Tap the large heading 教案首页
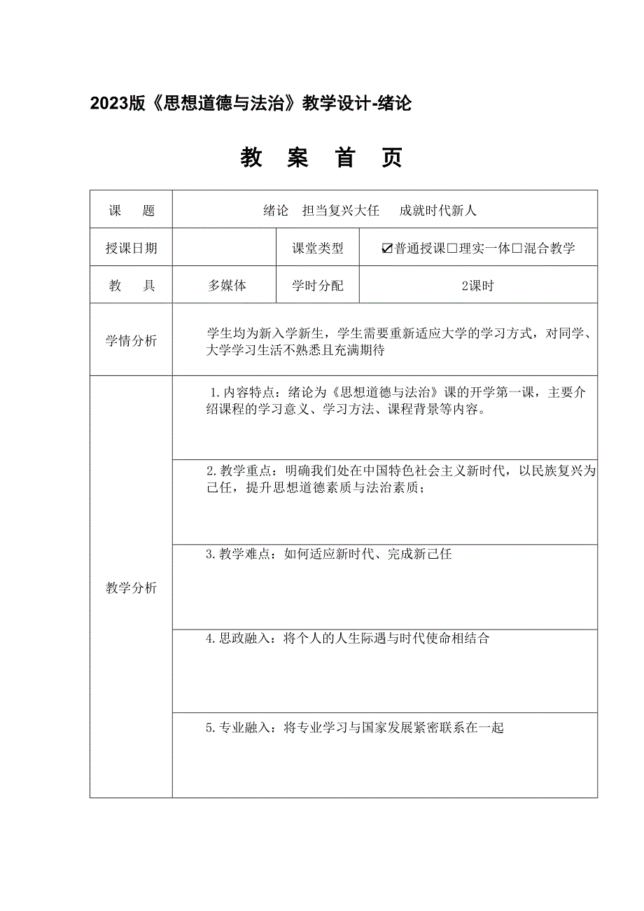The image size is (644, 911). click(x=321, y=159)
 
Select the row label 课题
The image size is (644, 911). click(x=131, y=210)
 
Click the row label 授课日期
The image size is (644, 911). click(x=131, y=248)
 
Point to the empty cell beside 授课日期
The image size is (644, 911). click(x=224, y=248)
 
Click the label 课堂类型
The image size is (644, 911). click(x=318, y=248)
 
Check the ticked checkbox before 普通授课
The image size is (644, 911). click(x=388, y=249)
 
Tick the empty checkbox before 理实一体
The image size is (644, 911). click(x=452, y=249)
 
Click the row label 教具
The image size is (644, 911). click(x=131, y=286)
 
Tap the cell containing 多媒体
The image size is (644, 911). click(x=227, y=286)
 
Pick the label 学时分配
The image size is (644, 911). click(x=318, y=286)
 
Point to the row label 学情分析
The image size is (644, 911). click(x=131, y=341)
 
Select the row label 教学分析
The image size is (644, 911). click(x=131, y=587)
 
